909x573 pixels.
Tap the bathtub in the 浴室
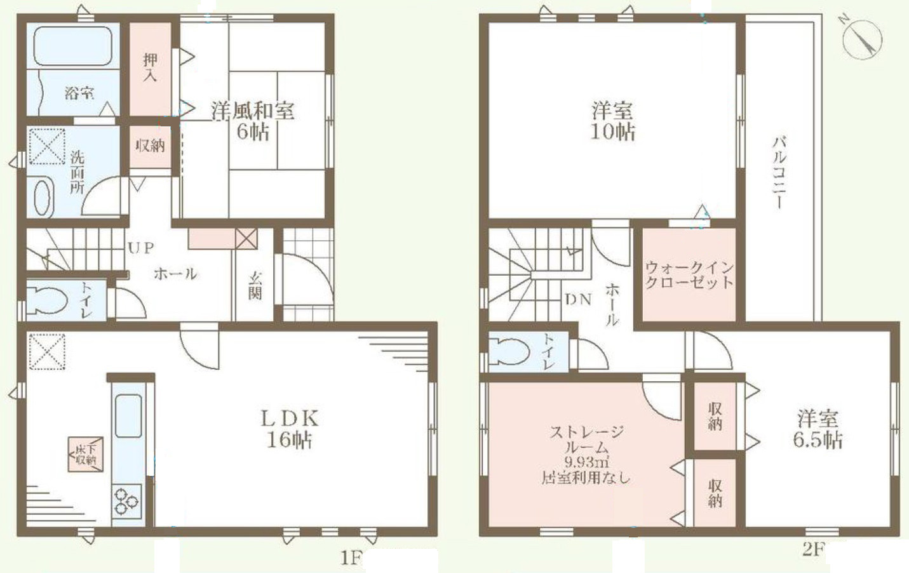pos(72,46)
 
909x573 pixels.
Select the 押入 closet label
pos(150,67)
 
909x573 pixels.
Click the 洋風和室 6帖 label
pos(253,121)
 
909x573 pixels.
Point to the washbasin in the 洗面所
pos(43,198)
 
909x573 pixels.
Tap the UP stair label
pos(140,248)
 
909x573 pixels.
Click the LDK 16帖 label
pos(289,428)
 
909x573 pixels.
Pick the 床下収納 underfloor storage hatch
pos(86,454)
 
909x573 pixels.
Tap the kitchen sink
pos(129,416)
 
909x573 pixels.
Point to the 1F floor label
pos(350,558)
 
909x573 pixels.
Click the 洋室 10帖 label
pos(612,121)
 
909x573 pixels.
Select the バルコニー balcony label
pos(778,172)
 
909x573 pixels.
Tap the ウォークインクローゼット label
pos(689,275)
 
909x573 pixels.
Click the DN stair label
pos(578,299)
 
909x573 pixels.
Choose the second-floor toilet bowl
pos(512,350)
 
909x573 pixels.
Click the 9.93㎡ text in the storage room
pos(586,462)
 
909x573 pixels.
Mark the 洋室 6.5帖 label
pos(818,429)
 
